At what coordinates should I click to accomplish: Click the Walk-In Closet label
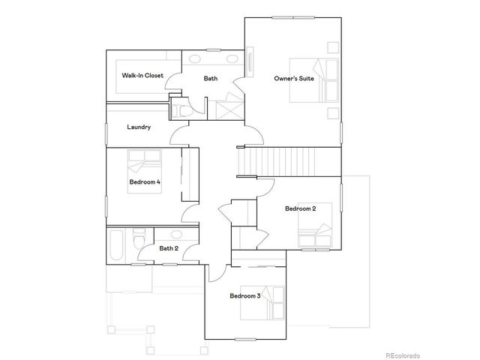[x=142, y=76]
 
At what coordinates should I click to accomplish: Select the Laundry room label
[x=139, y=127]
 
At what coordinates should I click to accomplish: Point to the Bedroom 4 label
[x=145, y=182]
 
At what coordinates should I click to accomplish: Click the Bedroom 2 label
[x=300, y=208]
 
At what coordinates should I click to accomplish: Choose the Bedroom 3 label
[x=244, y=296]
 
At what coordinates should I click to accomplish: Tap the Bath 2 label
[x=169, y=248]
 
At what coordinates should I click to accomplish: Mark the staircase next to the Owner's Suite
[x=285, y=160]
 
